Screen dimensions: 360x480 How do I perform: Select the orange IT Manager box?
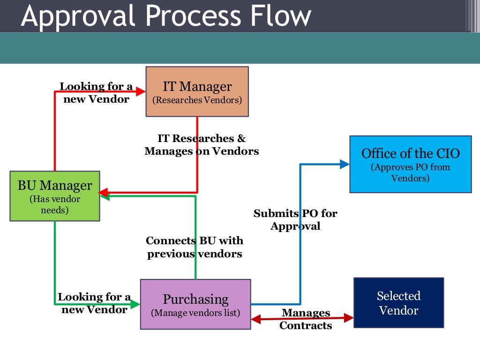(x=197, y=91)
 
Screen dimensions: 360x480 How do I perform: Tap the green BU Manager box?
(x=55, y=196)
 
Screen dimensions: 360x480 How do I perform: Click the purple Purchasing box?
(x=195, y=304)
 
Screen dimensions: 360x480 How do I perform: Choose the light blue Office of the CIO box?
(x=410, y=164)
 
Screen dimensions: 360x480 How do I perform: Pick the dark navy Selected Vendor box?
(x=398, y=302)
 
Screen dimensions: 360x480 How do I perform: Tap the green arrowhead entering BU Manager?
(x=104, y=197)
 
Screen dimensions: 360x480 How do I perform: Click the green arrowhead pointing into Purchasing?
(x=135, y=304)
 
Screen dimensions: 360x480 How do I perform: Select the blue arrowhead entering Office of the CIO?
(x=345, y=164)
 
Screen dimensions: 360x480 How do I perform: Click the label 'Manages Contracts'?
(x=306, y=319)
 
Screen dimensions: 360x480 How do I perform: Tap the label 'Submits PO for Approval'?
(x=295, y=220)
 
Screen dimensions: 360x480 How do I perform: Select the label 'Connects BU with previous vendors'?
(x=195, y=247)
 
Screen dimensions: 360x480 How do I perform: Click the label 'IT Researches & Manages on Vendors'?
(x=202, y=145)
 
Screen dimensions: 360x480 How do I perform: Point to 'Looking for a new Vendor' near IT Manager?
(x=96, y=93)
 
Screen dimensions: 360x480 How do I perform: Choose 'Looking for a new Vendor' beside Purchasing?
(x=94, y=303)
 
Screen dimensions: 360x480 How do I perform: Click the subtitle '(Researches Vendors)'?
(x=197, y=100)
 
